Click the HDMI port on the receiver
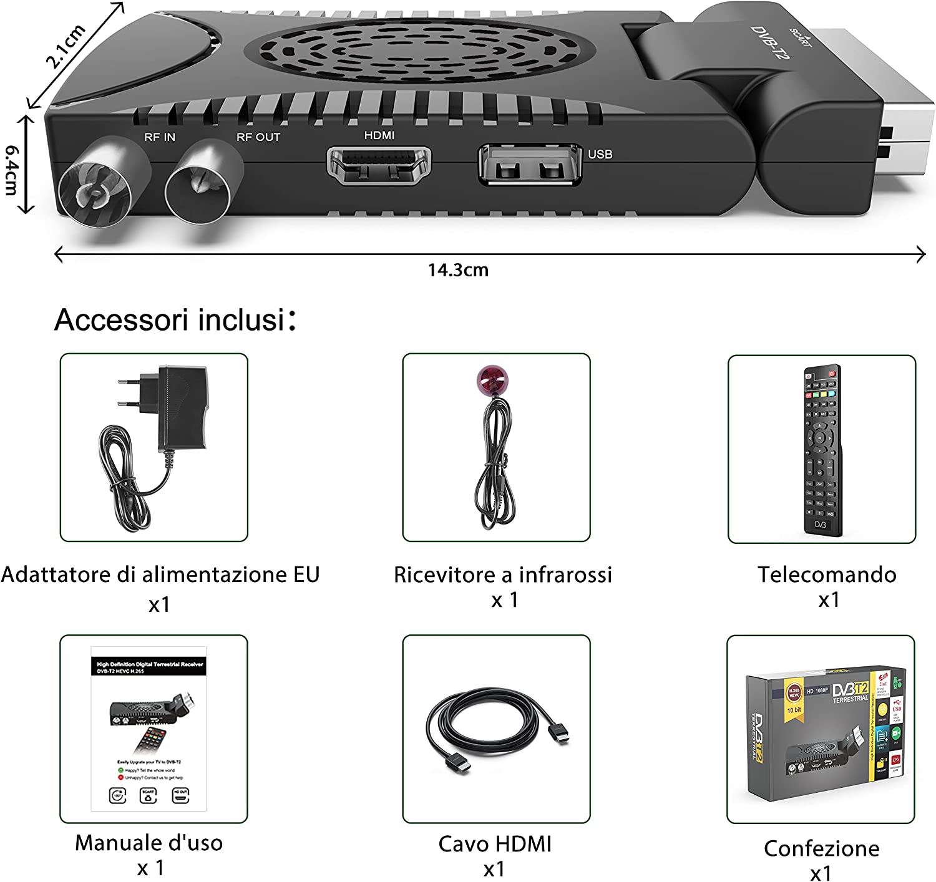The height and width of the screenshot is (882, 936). (x=379, y=165)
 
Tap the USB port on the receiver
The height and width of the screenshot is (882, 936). (x=529, y=165)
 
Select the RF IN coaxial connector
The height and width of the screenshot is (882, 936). (x=96, y=191)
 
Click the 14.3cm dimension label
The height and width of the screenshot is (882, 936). (x=458, y=270)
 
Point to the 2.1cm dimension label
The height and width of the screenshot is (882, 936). (x=66, y=45)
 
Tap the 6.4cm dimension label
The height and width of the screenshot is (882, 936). (x=12, y=170)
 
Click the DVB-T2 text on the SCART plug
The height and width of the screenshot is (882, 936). (x=770, y=43)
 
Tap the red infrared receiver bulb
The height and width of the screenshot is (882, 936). (x=493, y=381)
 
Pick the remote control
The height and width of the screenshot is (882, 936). (x=822, y=449)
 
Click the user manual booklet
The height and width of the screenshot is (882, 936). (x=149, y=729)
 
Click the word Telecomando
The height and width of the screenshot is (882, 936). (x=827, y=574)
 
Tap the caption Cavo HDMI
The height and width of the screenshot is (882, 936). (x=495, y=844)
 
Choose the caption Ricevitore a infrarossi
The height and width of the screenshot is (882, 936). (x=502, y=574)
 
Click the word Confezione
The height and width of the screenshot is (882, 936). (x=821, y=848)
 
